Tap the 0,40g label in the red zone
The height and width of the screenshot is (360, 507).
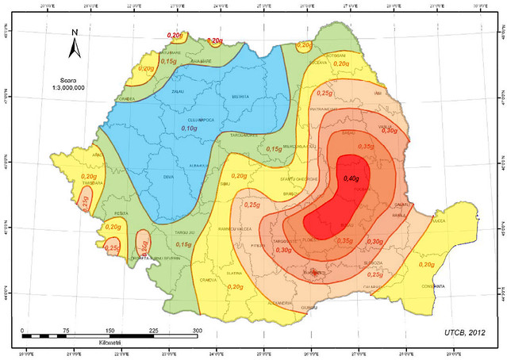[x=351, y=178]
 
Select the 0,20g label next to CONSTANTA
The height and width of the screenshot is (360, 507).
[x=426, y=264]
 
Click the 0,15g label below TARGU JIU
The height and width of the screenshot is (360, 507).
[x=182, y=245]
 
